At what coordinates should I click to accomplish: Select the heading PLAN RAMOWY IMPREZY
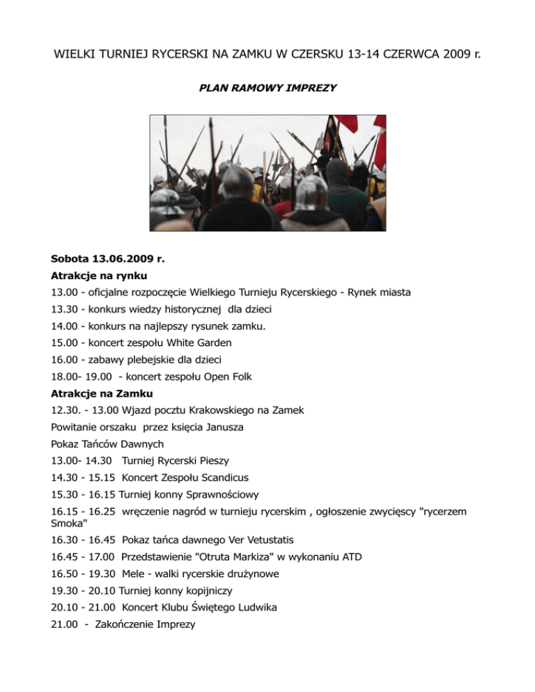click(268, 88)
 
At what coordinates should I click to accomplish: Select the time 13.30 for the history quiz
click(65, 310)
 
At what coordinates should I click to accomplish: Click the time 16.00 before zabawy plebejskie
click(65, 360)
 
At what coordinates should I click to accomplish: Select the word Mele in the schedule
click(133, 574)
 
